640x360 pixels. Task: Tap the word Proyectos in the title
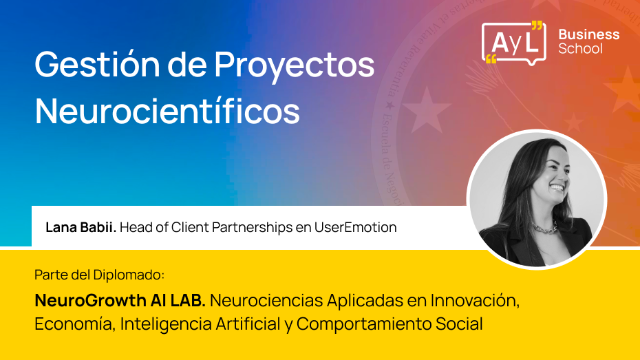(294, 66)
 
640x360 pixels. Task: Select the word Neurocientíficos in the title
(167, 111)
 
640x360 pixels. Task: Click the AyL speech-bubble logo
(513, 43)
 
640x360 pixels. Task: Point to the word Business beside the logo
(588, 34)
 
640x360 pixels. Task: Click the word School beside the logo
(580, 49)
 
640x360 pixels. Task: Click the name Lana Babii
(81, 227)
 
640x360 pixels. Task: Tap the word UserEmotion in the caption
(356, 227)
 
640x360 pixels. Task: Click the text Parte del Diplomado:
(100, 275)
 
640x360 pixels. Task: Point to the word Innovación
(474, 301)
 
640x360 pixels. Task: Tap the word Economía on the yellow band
(74, 324)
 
